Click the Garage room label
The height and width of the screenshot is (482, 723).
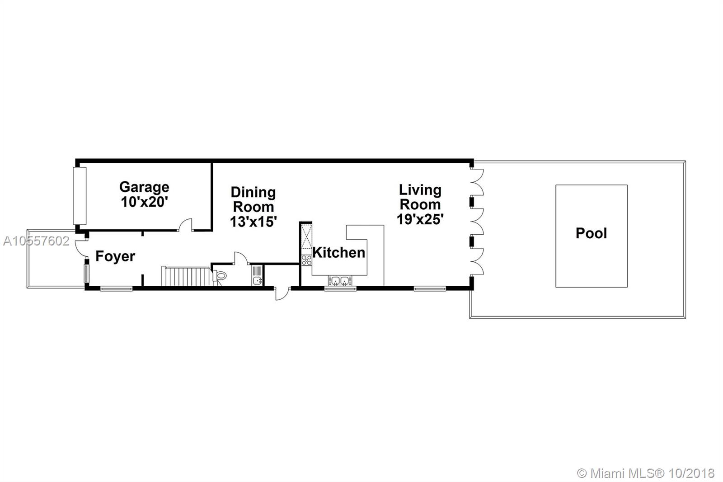click(x=144, y=187)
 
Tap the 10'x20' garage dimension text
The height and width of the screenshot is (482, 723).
click(x=144, y=202)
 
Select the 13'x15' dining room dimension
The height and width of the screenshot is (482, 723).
click(x=254, y=222)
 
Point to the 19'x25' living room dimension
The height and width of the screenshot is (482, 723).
click(x=420, y=219)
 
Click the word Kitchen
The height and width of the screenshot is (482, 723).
click(x=339, y=253)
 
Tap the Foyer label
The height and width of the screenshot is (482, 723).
click(x=115, y=256)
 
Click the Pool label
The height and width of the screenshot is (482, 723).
click(x=592, y=233)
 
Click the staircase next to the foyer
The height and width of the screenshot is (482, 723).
click(x=187, y=276)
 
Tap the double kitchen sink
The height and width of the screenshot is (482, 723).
click(x=340, y=281)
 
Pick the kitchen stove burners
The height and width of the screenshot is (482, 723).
click(x=306, y=260)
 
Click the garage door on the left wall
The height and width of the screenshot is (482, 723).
click(x=80, y=196)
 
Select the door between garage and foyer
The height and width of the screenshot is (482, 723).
click(x=185, y=225)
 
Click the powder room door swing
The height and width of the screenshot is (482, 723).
click(x=241, y=259)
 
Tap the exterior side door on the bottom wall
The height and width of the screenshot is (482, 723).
click(x=282, y=293)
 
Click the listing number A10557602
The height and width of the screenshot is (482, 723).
click(x=36, y=241)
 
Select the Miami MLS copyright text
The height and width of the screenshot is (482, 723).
click(x=646, y=473)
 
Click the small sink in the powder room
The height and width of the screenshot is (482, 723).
click(x=257, y=280)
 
